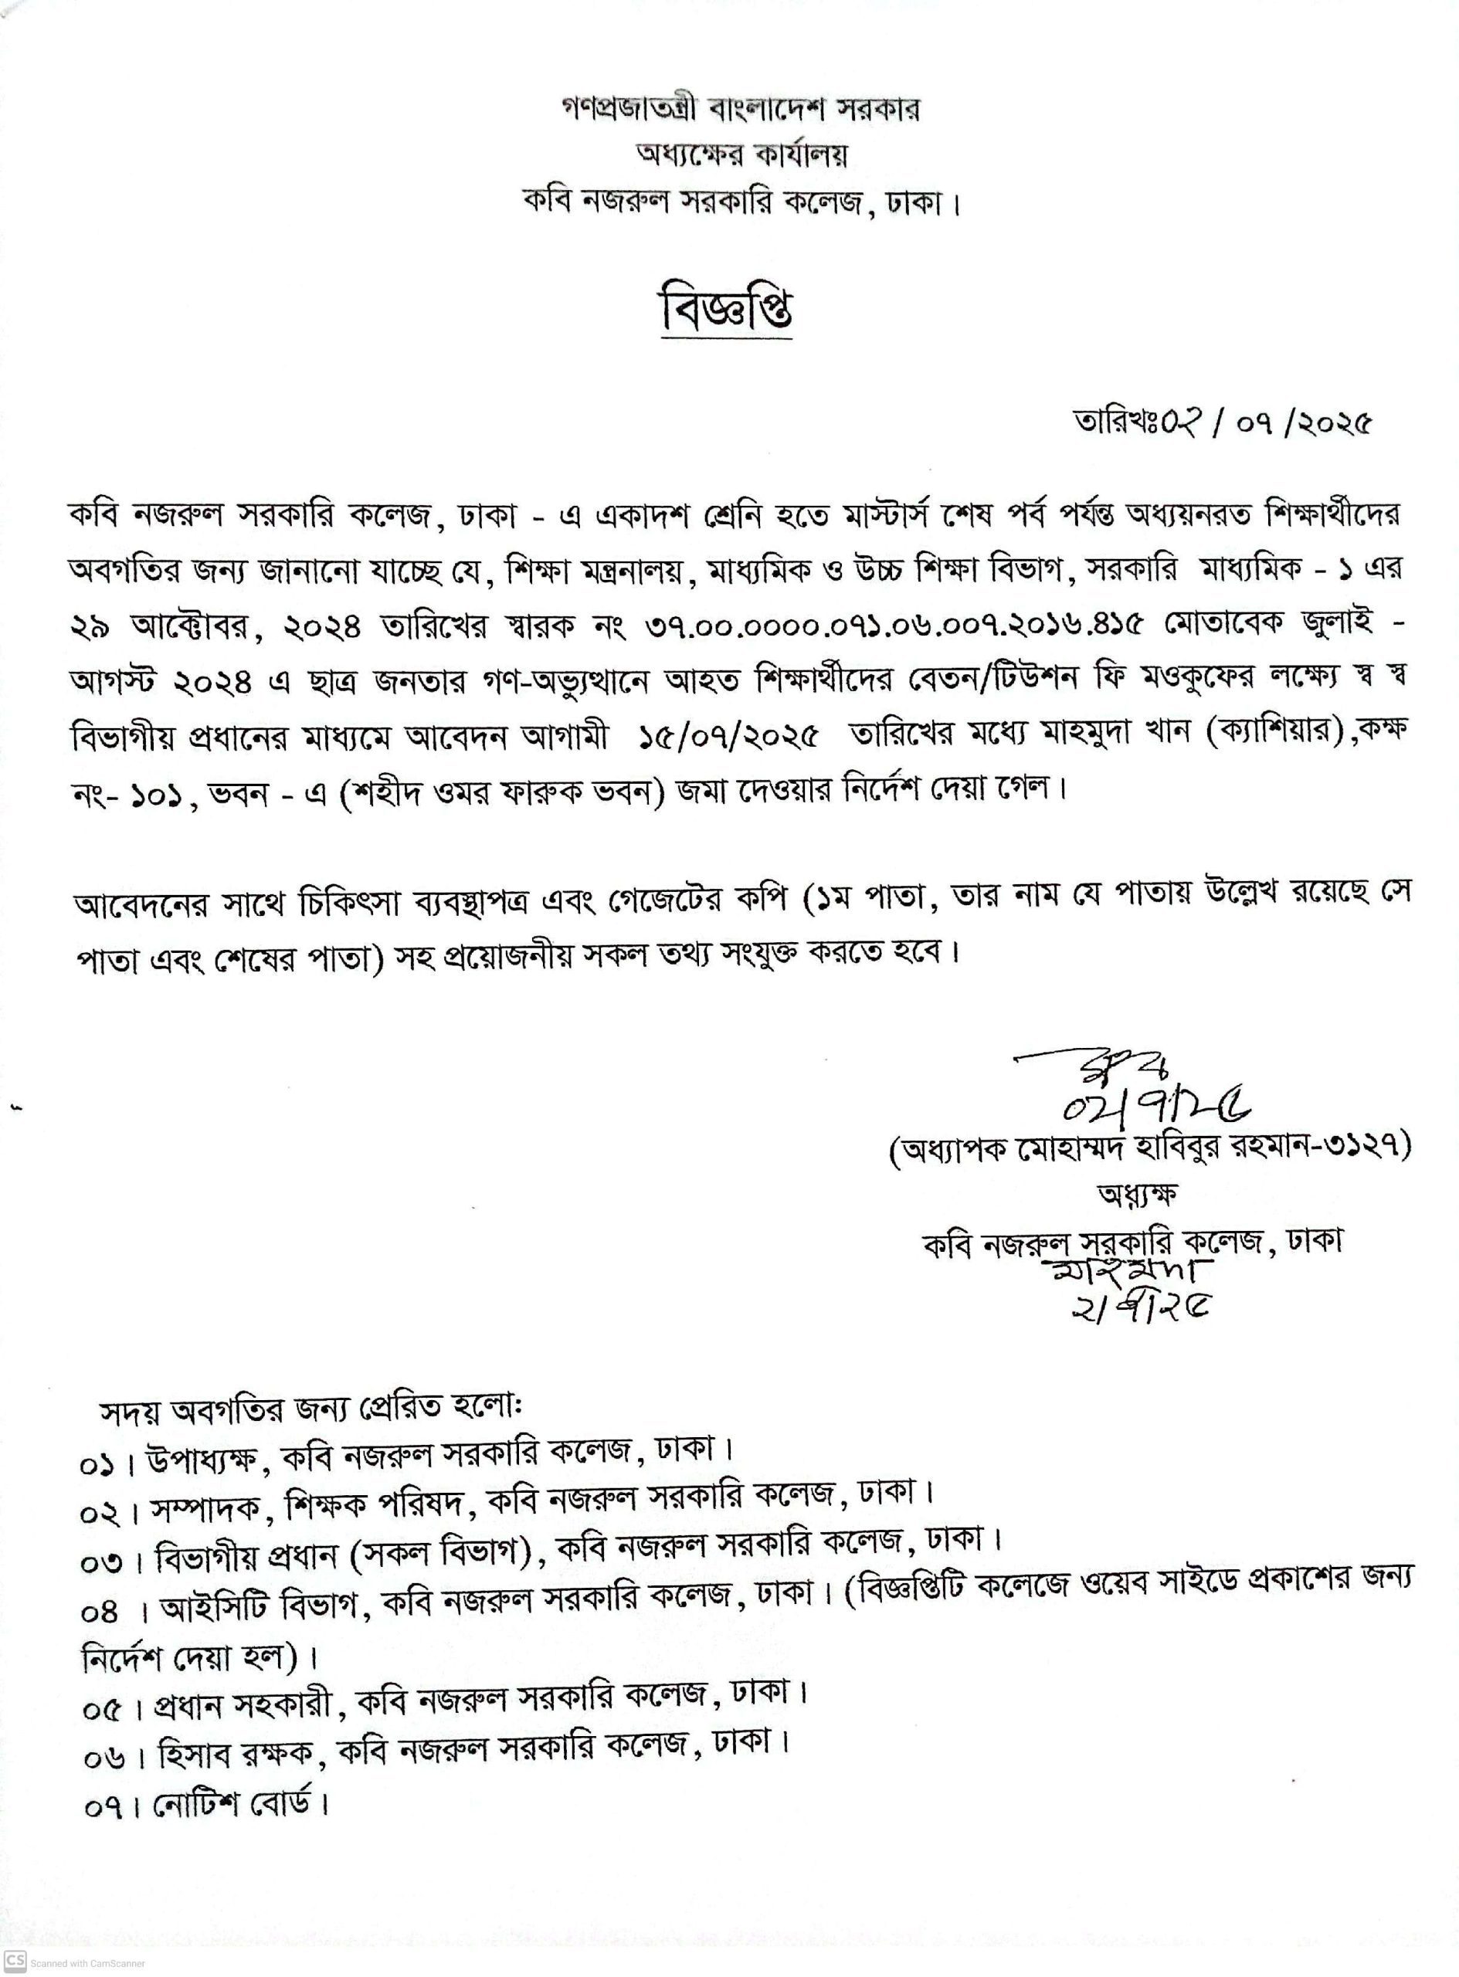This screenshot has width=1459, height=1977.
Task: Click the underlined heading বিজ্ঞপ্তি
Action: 727,313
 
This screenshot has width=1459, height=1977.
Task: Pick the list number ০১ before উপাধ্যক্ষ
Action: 95,1465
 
